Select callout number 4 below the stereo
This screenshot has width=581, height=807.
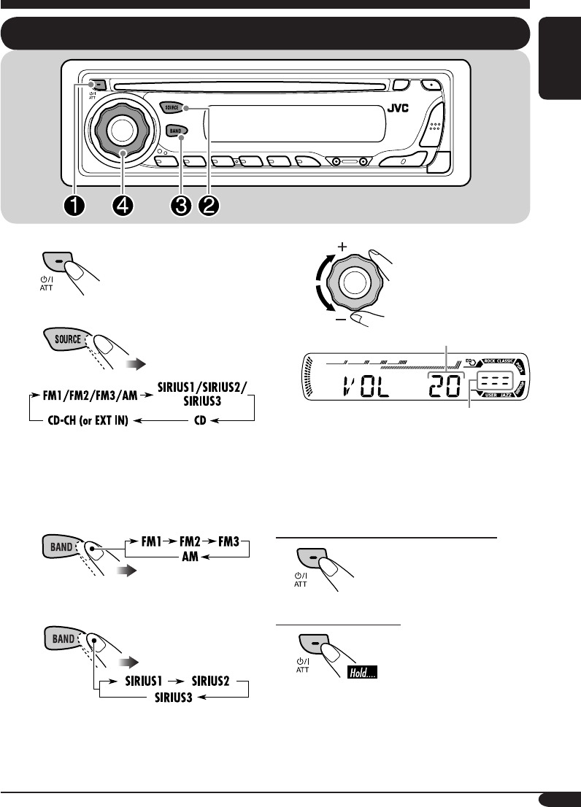[x=123, y=206]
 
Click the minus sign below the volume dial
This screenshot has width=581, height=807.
[x=341, y=320]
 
